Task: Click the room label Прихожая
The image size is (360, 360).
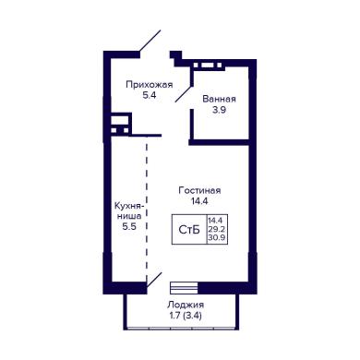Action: pyautogui.click(x=150, y=85)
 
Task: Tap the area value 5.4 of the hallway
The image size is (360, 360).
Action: pyautogui.click(x=150, y=95)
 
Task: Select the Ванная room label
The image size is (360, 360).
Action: pyautogui.click(x=219, y=99)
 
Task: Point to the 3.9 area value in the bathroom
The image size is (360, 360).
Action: pyautogui.click(x=220, y=110)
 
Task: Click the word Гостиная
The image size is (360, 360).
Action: pyautogui.click(x=199, y=190)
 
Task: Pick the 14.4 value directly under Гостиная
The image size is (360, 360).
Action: pyautogui.click(x=199, y=201)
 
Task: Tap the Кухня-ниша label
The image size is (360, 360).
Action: pyautogui.click(x=129, y=210)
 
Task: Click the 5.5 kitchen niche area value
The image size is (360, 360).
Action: pyautogui.click(x=129, y=227)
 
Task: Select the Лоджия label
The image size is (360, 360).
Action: pyautogui.click(x=186, y=305)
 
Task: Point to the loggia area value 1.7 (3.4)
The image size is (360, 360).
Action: pyautogui.click(x=186, y=316)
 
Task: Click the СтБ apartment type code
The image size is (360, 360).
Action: pyautogui.click(x=189, y=230)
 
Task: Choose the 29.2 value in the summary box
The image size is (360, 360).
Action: pyautogui.click(x=217, y=229)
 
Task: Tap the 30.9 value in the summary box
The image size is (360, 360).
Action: pyautogui.click(x=217, y=237)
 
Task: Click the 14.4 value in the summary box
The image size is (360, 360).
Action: pyautogui.click(x=217, y=221)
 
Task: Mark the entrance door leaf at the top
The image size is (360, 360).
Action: pyautogui.click(x=150, y=41)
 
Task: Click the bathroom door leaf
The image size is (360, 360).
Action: pyautogui.click(x=184, y=93)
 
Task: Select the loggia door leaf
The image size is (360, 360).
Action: pyautogui.click(x=154, y=280)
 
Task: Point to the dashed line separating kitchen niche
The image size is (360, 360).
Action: pyautogui.click(x=147, y=210)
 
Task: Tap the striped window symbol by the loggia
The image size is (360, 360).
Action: pyautogui.click(x=184, y=288)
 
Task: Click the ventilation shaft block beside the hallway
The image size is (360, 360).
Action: pyautogui.click(x=120, y=124)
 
